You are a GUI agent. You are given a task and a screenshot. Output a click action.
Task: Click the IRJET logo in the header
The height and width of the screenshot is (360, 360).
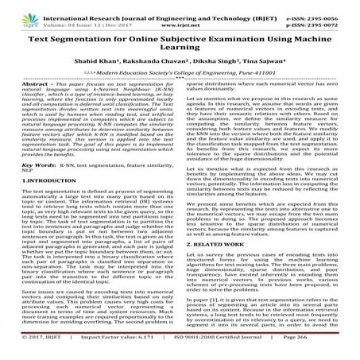[15, 10]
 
